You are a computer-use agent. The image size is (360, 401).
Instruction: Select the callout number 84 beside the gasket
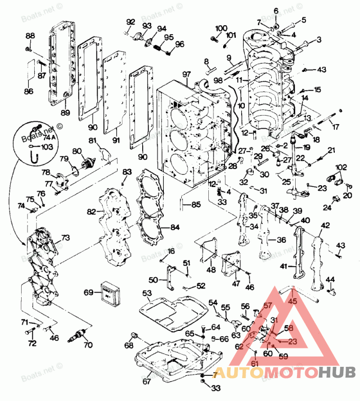[175, 227]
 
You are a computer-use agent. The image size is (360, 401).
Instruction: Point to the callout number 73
[66, 237]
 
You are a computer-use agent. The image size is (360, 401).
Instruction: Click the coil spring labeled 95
[159, 46]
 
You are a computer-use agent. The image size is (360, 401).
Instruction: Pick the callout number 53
[147, 293]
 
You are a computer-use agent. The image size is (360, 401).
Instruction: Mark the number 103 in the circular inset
[40, 147]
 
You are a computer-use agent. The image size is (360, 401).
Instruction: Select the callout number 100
[221, 28]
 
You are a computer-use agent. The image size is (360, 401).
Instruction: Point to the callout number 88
[30, 36]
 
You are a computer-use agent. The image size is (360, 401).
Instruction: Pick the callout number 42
[325, 225]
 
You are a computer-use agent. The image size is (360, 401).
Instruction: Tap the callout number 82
[92, 211]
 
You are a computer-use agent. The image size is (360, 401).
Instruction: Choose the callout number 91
[116, 140]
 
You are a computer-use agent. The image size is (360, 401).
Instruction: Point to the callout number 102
[341, 167]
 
